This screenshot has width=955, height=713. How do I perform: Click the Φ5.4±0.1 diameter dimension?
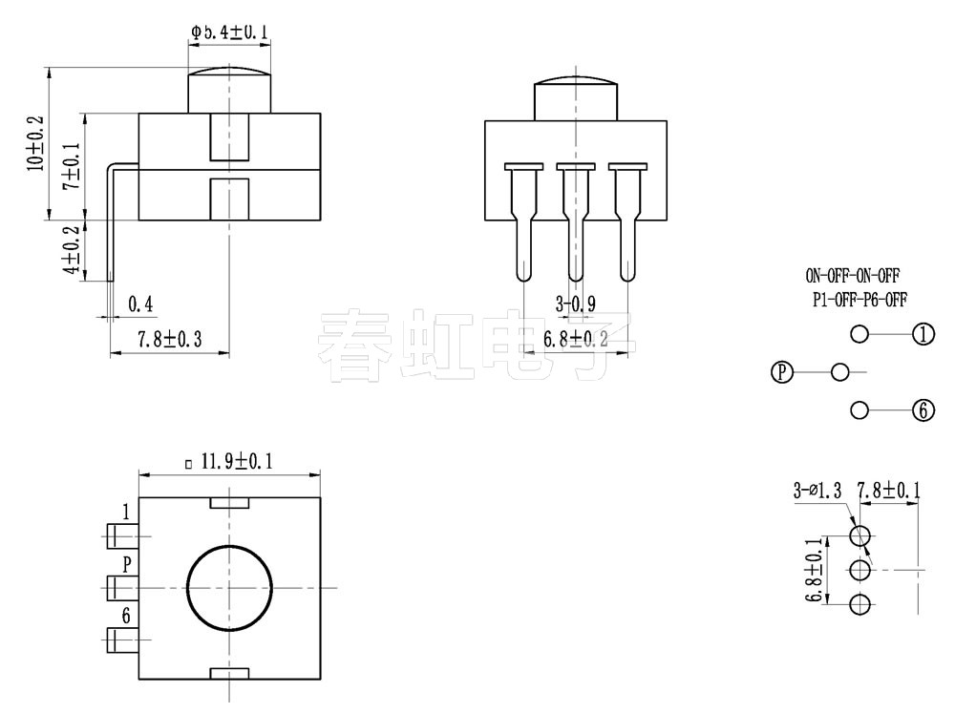pyautogui.click(x=228, y=32)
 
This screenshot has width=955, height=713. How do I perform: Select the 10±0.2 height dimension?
pyautogui.click(x=35, y=144)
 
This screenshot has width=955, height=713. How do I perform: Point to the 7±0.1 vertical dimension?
pyautogui.click(x=72, y=166)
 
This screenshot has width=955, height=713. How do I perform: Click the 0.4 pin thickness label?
pyautogui.click(x=140, y=304)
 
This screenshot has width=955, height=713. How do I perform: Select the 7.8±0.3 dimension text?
pyautogui.click(x=170, y=339)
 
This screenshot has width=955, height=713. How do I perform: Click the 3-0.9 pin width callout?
pyautogui.click(x=575, y=305)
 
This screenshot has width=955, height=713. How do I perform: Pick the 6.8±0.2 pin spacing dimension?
pyautogui.click(x=575, y=339)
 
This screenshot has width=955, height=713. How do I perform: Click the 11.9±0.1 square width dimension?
pyautogui.click(x=229, y=462)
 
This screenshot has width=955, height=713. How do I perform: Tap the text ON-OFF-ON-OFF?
pyautogui.click(x=853, y=277)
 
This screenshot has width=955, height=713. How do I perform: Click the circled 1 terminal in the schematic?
pyautogui.click(x=923, y=334)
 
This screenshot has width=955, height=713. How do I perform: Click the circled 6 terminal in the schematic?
pyautogui.click(x=923, y=410)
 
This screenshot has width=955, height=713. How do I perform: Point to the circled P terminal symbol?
pyautogui.click(x=782, y=372)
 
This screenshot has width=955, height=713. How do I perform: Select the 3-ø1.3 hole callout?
pyautogui.click(x=817, y=492)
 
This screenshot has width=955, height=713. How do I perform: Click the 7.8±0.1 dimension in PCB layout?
pyautogui.click(x=888, y=492)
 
